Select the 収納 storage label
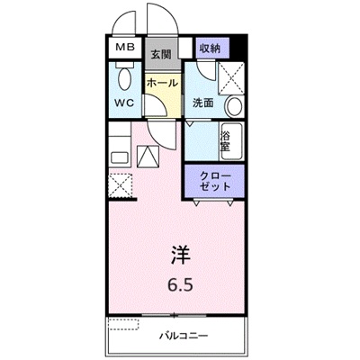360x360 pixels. click(x=210, y=47)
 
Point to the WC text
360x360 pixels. click(x=123, y=102)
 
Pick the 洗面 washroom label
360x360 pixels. click(x=202, y=102)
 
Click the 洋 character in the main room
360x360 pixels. click(x=180, y=256)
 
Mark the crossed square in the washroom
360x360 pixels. click(x=232, y=77)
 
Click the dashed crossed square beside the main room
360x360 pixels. click(x=120, y=186)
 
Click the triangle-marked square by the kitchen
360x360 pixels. click(x=148, y=158)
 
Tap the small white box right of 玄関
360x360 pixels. click(x=184, y=48)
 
